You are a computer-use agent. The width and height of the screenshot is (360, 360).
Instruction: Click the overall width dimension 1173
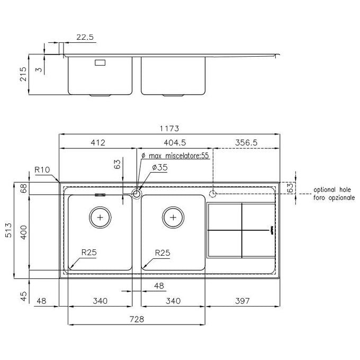169,128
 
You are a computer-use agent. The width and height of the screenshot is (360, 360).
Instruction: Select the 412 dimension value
98,142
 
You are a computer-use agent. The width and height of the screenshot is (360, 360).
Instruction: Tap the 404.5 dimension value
175,142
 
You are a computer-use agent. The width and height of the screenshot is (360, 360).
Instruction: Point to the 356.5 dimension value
246,142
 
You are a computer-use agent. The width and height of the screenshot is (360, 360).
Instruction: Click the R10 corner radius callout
42,169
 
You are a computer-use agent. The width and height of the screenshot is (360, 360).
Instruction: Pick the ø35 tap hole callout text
160,167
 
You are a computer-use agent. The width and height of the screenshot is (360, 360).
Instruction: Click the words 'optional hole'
332,190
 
